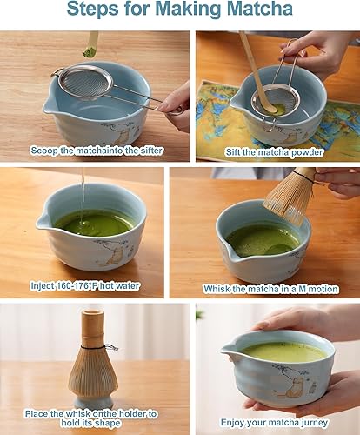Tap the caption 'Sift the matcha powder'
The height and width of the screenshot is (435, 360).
point(274,151)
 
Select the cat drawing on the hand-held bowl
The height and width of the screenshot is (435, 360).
point(290,384)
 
